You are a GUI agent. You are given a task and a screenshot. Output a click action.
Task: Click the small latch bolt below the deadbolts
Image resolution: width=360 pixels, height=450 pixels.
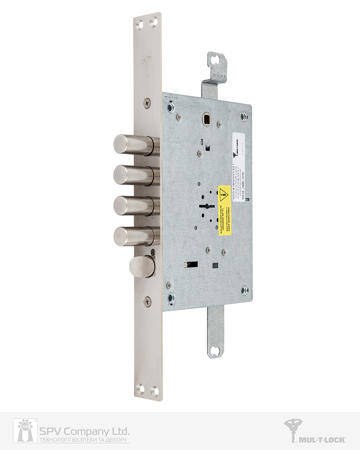[x=141, y=266]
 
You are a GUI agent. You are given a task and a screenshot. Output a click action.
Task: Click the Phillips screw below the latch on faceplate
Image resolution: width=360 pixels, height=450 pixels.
[x=148, y=301]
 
